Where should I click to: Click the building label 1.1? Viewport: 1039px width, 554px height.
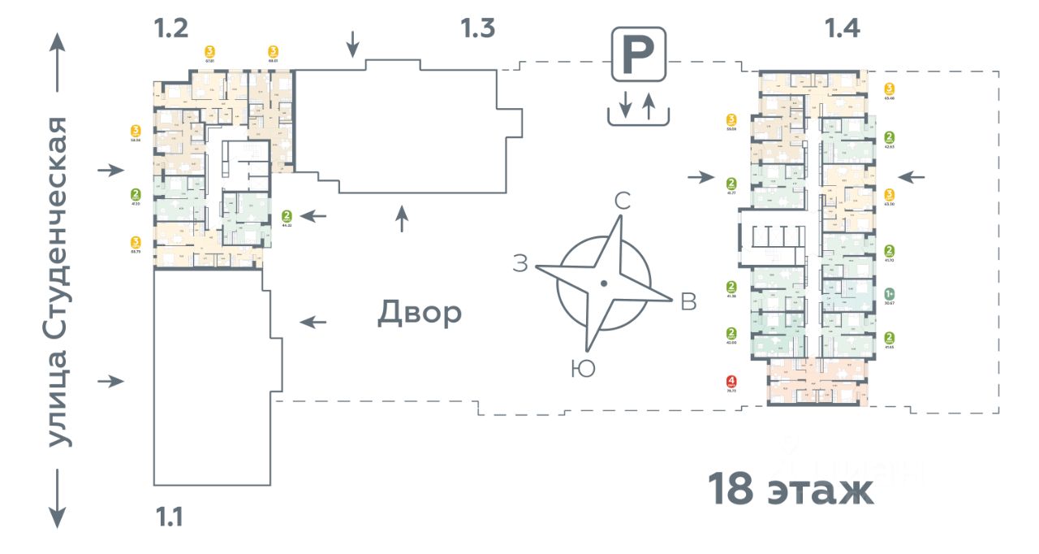[170, 517]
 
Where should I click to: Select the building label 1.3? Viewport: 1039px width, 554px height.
[477, 29]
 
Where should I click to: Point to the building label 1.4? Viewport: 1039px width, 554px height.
[842, 29]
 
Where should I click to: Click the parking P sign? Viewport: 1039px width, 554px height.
[639, 54]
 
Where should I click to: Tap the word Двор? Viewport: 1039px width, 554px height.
[419, 313]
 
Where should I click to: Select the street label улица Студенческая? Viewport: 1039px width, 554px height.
[57, 281]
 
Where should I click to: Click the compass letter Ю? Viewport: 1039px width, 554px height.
[583, 369]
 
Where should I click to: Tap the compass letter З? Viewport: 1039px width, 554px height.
[520, 263]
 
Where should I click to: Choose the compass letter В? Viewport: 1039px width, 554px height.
[688, 302]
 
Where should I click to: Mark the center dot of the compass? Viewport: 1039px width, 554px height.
[603, 283]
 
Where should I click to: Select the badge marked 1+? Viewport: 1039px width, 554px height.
[890, 294]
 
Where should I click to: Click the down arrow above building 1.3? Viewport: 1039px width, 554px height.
[352, 44]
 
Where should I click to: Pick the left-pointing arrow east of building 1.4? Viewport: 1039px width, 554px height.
[913, 176]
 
